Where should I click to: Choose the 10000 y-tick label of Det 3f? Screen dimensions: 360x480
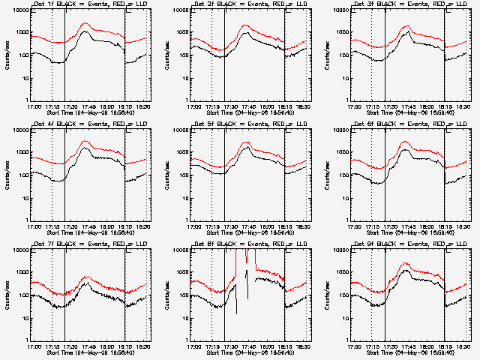(339, 10)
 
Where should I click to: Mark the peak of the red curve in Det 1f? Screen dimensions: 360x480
(85, 23)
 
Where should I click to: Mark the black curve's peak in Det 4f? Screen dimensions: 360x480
(85, 148)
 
